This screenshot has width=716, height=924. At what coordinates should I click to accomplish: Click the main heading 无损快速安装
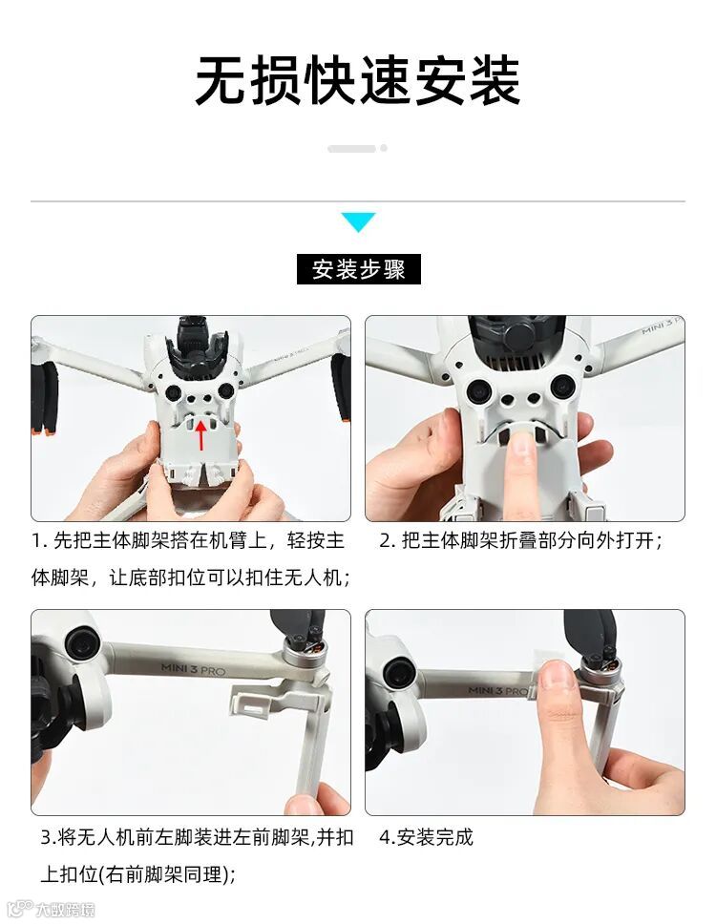(358, 81)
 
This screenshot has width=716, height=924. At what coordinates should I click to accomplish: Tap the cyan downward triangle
(358, 221)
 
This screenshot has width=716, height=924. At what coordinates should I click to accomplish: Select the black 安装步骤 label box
(358, 269)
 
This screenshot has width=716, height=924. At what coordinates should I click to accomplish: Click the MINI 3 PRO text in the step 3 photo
(193, 669)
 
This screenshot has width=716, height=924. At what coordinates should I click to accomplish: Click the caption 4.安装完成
(426, 837)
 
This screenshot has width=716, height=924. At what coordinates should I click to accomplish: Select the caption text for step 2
(521, 540)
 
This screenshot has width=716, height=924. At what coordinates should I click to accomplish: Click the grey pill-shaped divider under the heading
(352, 149)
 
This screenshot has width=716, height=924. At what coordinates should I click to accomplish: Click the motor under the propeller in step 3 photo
(305, 652)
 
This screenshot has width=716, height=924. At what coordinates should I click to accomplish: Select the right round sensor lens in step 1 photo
(225, 390)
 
